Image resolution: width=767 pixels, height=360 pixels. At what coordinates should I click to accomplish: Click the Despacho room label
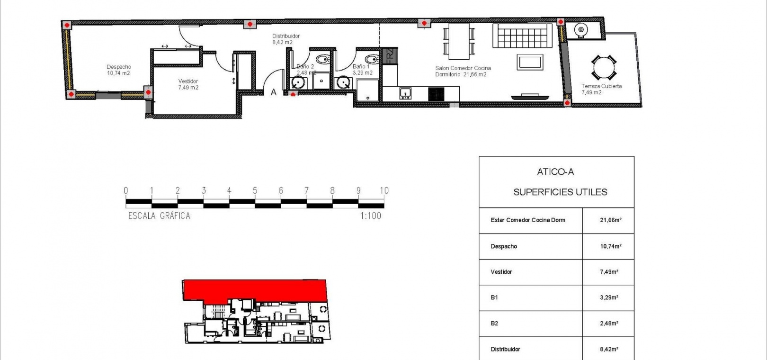click(x=119, y=67)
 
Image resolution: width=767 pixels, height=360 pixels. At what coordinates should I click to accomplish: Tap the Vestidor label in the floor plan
click(x=188, y=81)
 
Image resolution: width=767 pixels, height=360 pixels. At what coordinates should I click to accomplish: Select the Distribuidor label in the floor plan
click(x=286, y=36)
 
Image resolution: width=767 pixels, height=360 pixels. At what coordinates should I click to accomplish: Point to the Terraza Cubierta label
click(x=601, y=86)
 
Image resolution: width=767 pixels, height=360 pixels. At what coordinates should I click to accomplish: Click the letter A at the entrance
click(x=274, y=92)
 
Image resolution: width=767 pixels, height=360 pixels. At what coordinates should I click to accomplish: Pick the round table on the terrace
click(x=604, y=67)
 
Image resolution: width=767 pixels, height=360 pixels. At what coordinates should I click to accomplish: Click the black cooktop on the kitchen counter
click(x=436, y=94)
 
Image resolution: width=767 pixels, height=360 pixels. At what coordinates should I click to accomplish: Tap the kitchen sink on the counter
click(x=405, y=93)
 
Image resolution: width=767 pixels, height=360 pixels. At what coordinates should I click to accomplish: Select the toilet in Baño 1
click(x=372, y=59)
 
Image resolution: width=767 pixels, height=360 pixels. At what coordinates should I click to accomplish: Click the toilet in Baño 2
click(x=323, y=59)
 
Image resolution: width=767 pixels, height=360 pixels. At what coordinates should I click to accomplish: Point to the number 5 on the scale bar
click(x=255, y=190)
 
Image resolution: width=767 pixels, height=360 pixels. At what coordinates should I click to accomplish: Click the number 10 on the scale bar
click(x=384, y=190)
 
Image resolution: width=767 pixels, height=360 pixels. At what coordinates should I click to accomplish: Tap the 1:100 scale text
click(x=371, y=216)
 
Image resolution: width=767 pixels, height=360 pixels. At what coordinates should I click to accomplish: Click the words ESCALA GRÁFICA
click(x=159, y=216)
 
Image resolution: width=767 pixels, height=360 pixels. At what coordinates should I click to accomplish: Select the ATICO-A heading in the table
click(x=555, y=171)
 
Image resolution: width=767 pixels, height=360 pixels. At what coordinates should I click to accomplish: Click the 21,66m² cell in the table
click(x=610, y=220)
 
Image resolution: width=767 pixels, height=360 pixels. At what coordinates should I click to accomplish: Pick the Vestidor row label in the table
click(x=501, y=272)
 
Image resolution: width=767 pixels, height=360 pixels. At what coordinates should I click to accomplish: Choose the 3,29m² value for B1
click(x=609, y=297)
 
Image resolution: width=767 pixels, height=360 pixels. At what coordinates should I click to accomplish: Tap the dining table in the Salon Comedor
click(x=459, y=41)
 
